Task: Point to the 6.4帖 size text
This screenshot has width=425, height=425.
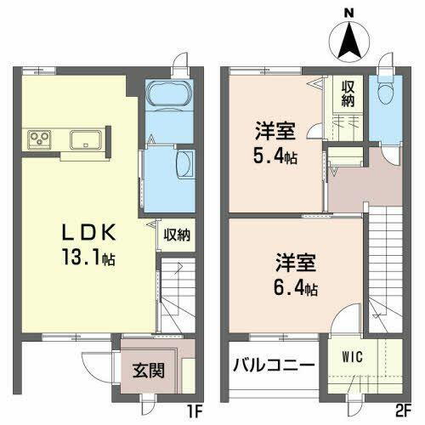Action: point(294,288)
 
